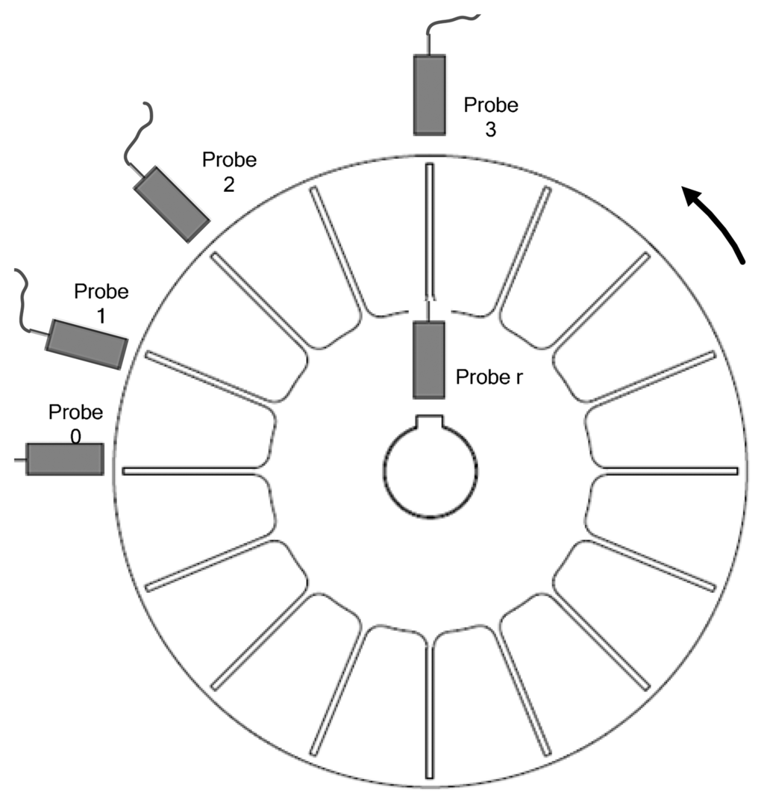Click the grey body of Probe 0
point(65,459)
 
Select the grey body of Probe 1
point(86,344)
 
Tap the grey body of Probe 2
point(172,203)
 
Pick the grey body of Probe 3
point(430,95)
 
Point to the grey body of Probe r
point(429,360)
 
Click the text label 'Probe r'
point(489,376)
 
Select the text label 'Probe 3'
point(491,116)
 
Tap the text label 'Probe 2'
point(229,171)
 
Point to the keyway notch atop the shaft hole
point(430,422)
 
